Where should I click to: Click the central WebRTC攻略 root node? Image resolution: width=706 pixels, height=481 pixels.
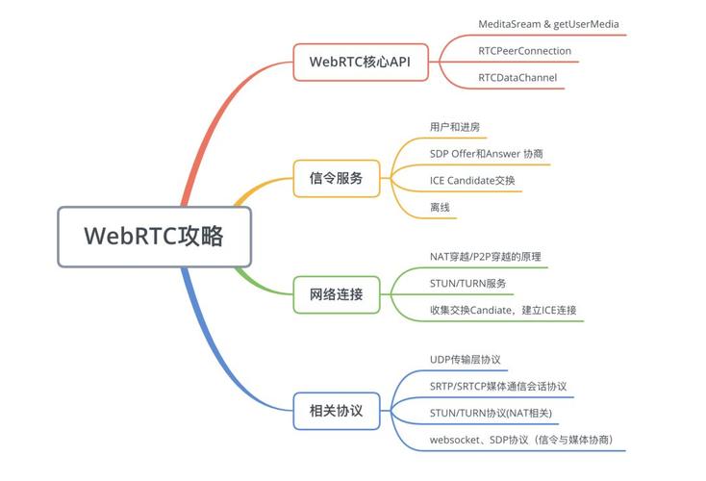[x=154, y=236]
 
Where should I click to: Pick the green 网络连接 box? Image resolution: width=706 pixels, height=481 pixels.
[x=337, y=293]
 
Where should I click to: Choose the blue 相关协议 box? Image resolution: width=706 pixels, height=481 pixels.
[x=337, y=410]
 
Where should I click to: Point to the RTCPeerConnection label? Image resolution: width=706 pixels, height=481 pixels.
[x=524, y=50]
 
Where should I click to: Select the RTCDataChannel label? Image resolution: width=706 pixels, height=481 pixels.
[x=517, y=77]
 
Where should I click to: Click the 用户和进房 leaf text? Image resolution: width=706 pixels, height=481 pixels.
[x=454, y=126]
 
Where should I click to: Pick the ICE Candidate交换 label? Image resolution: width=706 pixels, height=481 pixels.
[x=472, y=180]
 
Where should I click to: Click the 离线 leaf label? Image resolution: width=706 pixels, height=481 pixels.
[x=440, y=207]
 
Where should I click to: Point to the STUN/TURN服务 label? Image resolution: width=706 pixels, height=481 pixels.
[x=467, y=284]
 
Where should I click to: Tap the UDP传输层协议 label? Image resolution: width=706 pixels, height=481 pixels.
[x=466, y=359]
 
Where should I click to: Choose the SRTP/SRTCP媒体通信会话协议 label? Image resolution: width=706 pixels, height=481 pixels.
[x=498, y=386]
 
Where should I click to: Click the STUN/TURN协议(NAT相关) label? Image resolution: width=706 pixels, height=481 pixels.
[x=491, y=413]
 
